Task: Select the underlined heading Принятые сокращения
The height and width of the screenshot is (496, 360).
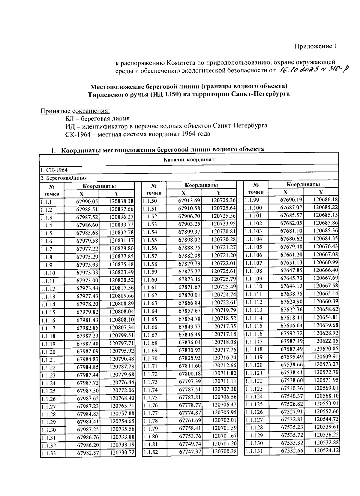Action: click(x=75, y=111)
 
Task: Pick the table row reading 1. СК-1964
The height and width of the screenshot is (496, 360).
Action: click(x=54, y=170)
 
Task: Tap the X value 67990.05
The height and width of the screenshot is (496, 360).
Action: click(x=87, y=202)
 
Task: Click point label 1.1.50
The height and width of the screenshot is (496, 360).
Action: click(x=149, y=201)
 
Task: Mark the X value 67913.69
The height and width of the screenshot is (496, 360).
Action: click(x=189, y=201)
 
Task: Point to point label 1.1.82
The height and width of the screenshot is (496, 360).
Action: click(x=151, y=452)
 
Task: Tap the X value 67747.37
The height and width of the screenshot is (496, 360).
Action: click(x=190, y=452)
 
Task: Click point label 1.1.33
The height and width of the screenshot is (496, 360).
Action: click(x=49, y=453)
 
